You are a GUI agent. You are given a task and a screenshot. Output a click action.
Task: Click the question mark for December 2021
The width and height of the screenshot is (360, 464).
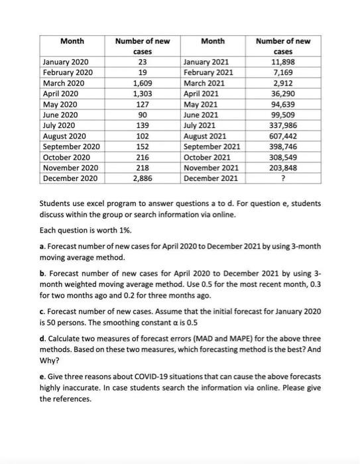[x=283, y=178]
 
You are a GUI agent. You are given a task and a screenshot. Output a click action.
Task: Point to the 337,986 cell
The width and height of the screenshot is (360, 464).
[x=283, y=125]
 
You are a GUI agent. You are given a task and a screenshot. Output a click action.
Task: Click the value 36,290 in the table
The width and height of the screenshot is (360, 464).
[x=283, y=93]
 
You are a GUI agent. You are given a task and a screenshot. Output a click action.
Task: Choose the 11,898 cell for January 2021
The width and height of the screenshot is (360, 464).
[x=283, y=62]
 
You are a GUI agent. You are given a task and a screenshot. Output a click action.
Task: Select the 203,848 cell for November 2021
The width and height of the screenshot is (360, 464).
[x=283, y=167]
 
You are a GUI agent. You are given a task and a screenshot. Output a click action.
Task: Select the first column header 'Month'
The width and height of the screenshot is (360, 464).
[x=72, y=41]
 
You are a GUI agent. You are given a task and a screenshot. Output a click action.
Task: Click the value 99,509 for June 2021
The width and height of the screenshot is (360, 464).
[x=283, y=115]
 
